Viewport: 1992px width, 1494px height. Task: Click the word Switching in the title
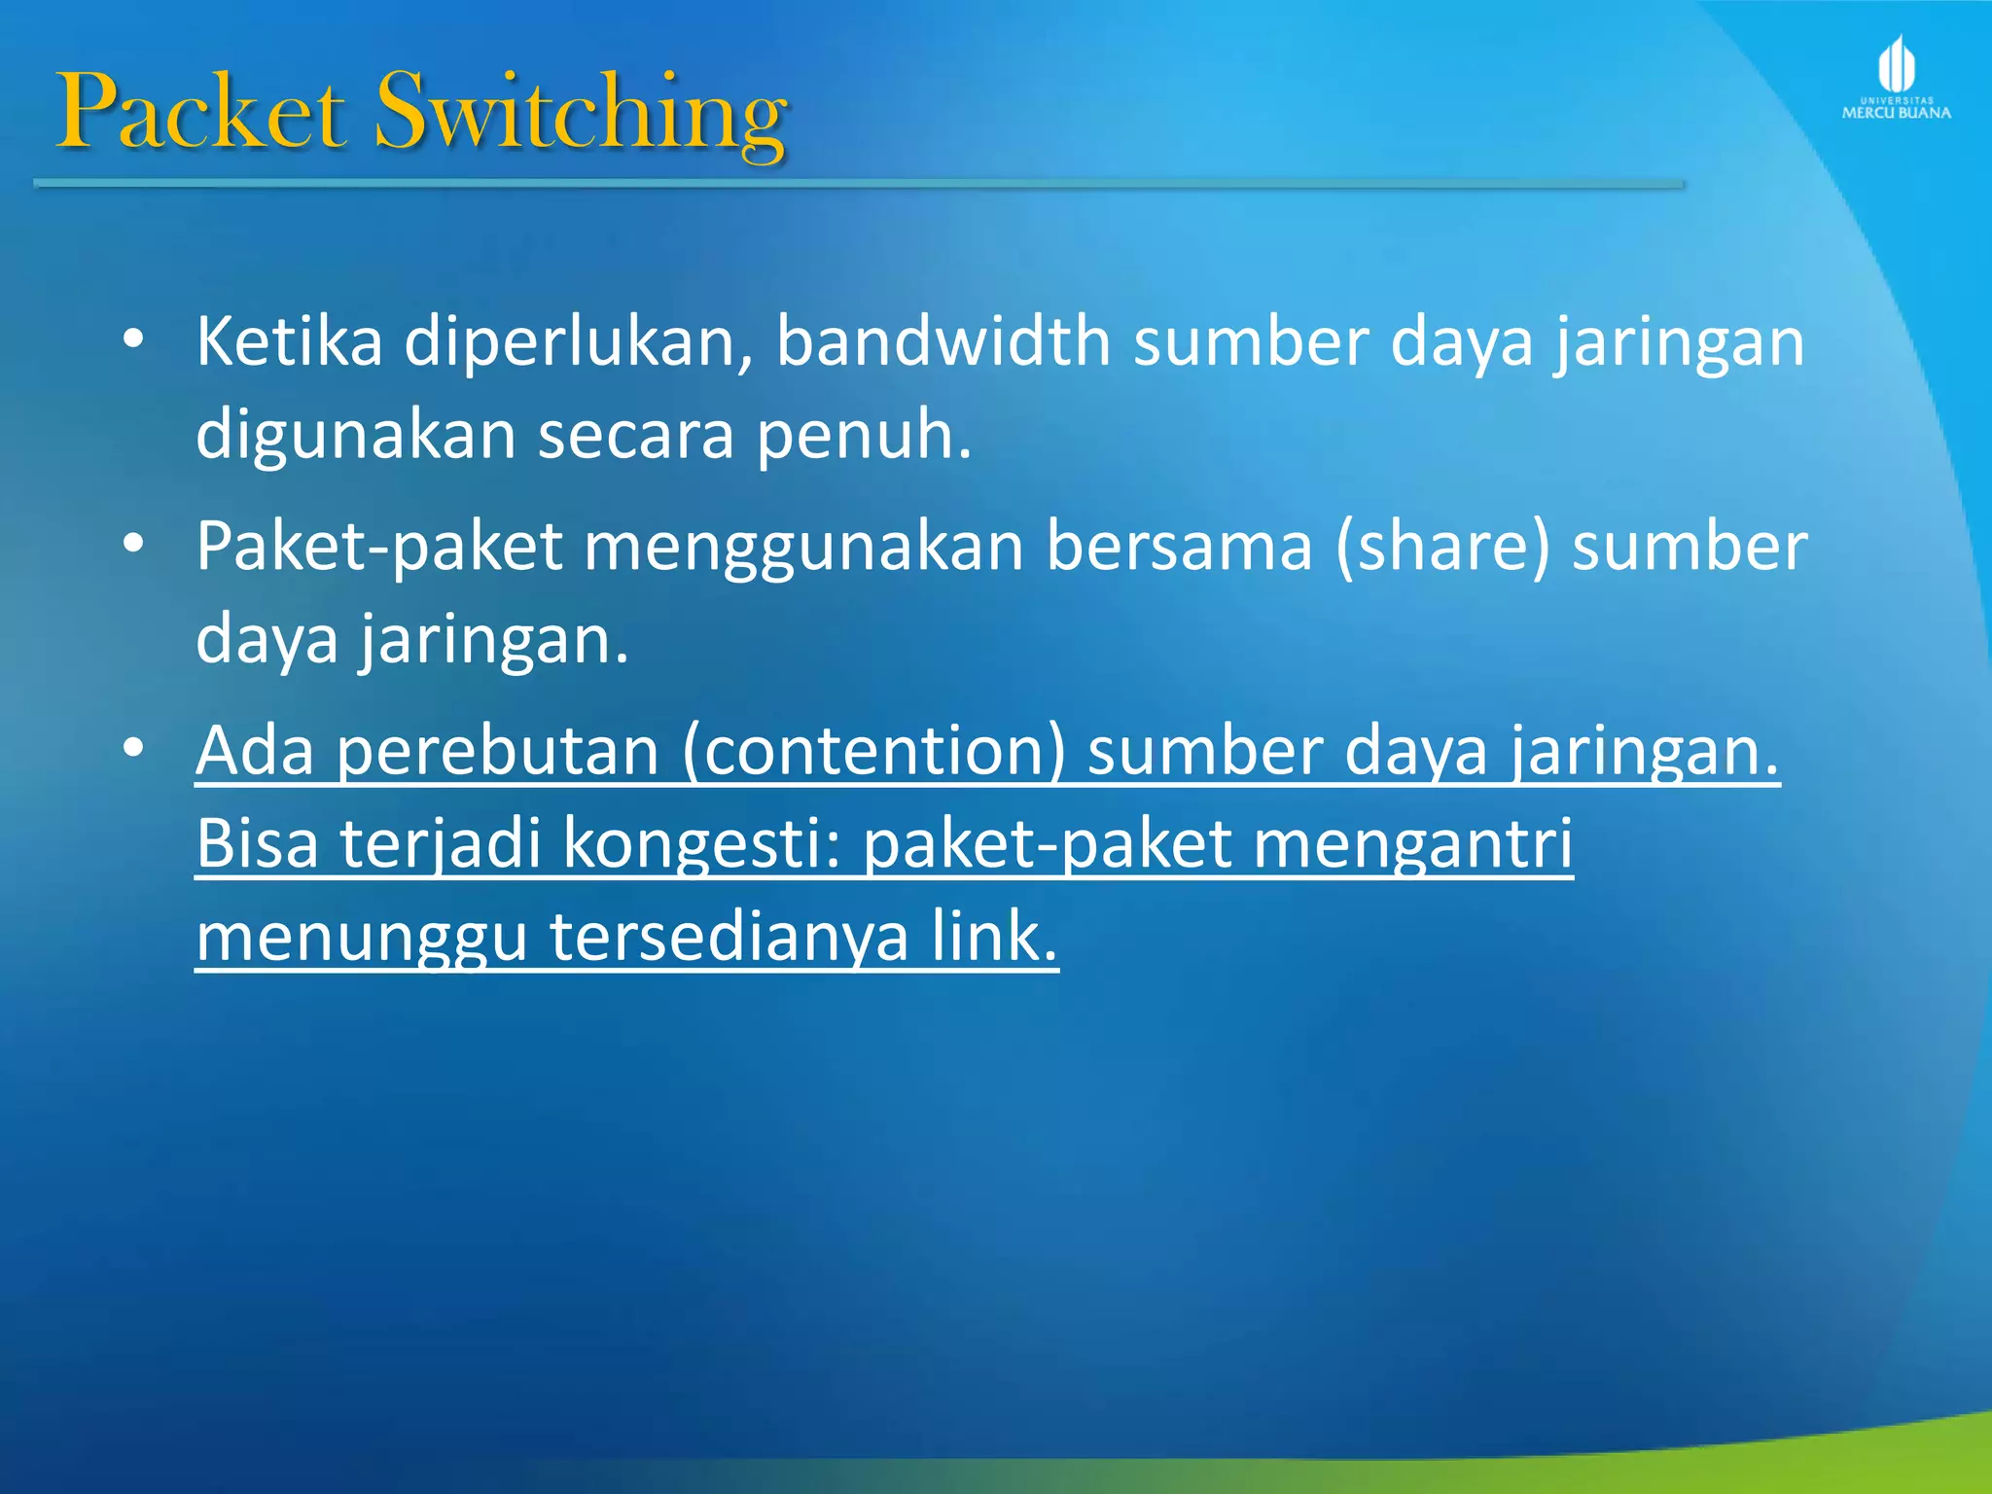[x=581, y=115]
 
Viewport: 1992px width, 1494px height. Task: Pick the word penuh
[x=864, y=435]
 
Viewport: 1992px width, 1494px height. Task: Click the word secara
[x=635, y=435]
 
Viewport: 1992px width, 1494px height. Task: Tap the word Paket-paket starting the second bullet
[x=378, y=547]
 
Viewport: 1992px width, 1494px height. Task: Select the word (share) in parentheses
[x=1441, y=547]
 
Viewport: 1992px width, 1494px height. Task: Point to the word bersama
[x=1179, y=547]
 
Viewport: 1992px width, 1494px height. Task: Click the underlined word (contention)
[x=872, y=751]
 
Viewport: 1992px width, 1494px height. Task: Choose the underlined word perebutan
[x=497, y=751]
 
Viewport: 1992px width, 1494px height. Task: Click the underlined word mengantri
[x=1411, y=844]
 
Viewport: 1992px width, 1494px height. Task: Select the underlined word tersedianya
[x=729, y=937]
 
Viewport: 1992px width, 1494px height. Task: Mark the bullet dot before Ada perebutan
[x=134, y=748]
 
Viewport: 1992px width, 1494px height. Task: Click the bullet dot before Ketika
[x=134, y=339]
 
